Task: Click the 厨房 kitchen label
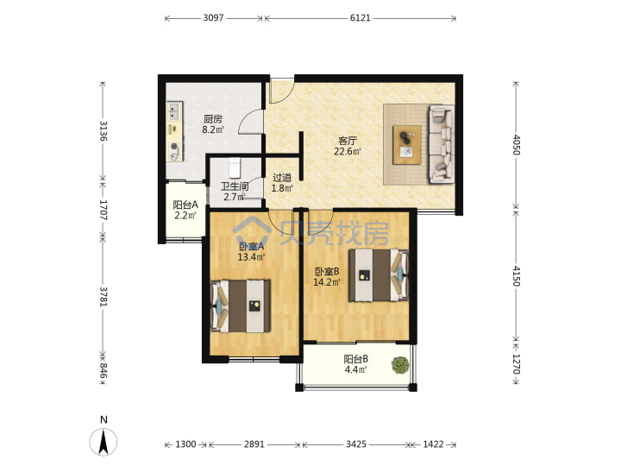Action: pyautogui.click(x=213, y=118)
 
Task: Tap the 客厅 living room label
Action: pyautogui.click(x=348, y=141)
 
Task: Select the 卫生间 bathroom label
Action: pyautogui.click(x=235, y=186)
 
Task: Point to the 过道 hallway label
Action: pyautogui.click(x=282, y=178)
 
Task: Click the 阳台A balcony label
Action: pyautogui.click(x=185, y=205)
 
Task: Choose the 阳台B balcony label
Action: pyautogui.click(x=355, y=359)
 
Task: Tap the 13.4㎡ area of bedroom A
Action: pyautogui.click(x=251, y=257)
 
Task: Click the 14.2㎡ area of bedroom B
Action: pyautogui.click(x=327, y=282)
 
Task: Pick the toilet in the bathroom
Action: pyautogui.click(x=235, y=167)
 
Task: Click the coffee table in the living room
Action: pyautogui.click(x=407, y=145)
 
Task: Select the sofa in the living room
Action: pyautogui.click(x=442, y=144)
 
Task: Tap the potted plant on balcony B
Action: pyautogui.click(x=400, y=365)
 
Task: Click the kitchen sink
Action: pyautogui.click(x=174, y=111)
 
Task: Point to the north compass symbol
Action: pyautogui.click(x=103, y=442)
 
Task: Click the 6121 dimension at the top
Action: pyautogui.click(x=360, y=18)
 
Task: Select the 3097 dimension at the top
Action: pyautogui.click(x=213, y=18)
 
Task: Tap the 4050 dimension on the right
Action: pyautogui.click(x=516, y=145)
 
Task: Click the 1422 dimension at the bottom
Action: pyautogui.click(x=433, y=444)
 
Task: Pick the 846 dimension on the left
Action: pyautogui.click(x=103, y=370)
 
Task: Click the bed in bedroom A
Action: pyautogui.click(x=240, y=305)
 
